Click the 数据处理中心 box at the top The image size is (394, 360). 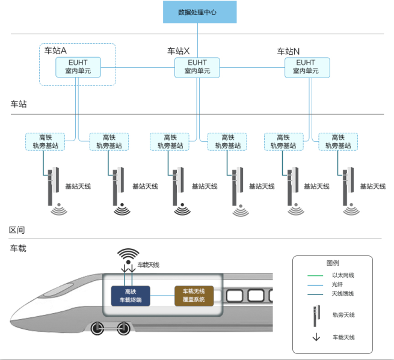click(200, 12)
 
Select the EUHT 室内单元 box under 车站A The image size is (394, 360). click(78, 67)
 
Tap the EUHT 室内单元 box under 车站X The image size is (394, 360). click(197, 67)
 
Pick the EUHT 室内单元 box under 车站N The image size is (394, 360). click(307, 67)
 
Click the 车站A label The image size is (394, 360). click(55, 50)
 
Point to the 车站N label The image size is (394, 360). click(288, 51)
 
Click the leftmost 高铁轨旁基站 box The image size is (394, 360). click(45, 142)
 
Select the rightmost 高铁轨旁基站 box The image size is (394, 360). click(338, 142)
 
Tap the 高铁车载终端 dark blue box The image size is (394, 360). click(131, 295)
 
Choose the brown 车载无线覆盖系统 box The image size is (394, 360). click(194, 295)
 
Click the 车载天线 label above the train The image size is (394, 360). click(149, 264)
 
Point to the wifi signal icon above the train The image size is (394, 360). click(128, 257)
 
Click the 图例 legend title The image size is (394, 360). click(333, 263)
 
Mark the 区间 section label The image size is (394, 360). click(17, 230)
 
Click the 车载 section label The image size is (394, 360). click(18, 248)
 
